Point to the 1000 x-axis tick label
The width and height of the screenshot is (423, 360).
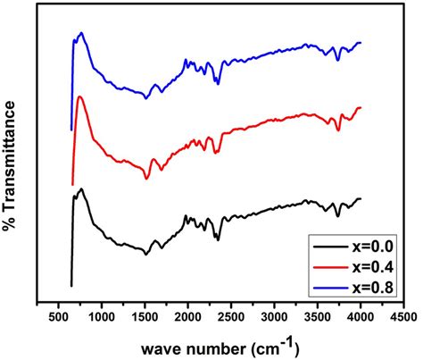click(102, 318)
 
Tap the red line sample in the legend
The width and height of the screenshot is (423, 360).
click(329, 266)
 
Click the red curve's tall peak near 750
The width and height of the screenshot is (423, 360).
click(80, 96)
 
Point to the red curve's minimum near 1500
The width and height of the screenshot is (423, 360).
click(146, 179)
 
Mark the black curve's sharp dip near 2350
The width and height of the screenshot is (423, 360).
click(217, 239)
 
